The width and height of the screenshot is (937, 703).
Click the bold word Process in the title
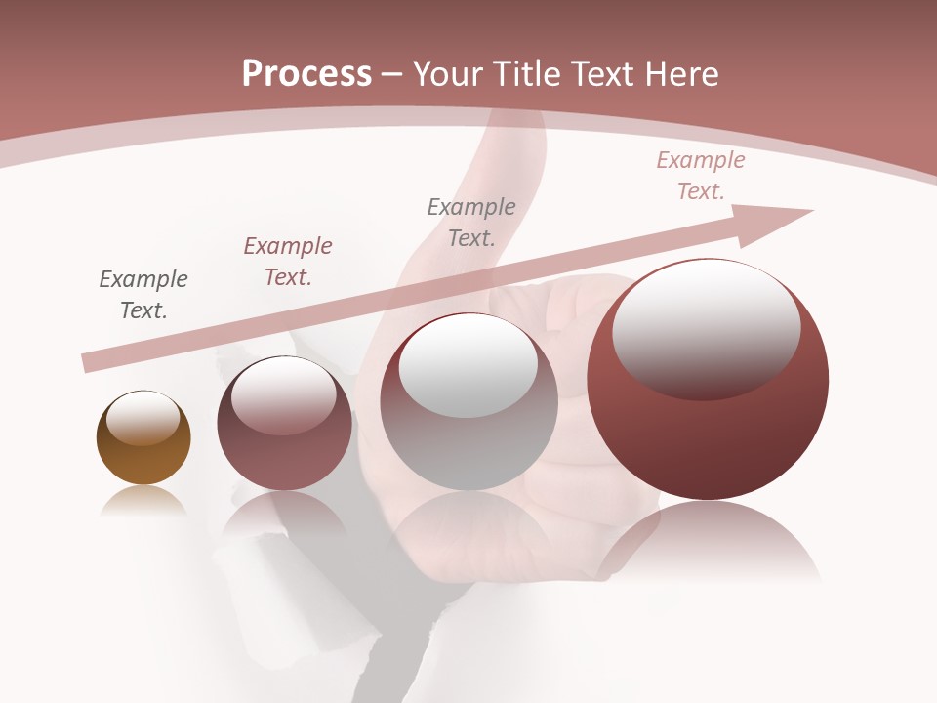pos(306,74)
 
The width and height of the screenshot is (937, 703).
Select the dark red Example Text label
pos(288,262)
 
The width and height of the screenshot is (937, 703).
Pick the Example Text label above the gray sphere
pos(471,223)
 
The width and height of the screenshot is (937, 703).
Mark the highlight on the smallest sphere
pos(143,418)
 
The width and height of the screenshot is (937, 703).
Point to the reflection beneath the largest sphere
pos(708,542)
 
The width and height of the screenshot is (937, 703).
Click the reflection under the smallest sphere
pos(143,501)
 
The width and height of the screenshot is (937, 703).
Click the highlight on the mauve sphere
pos(284,393)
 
